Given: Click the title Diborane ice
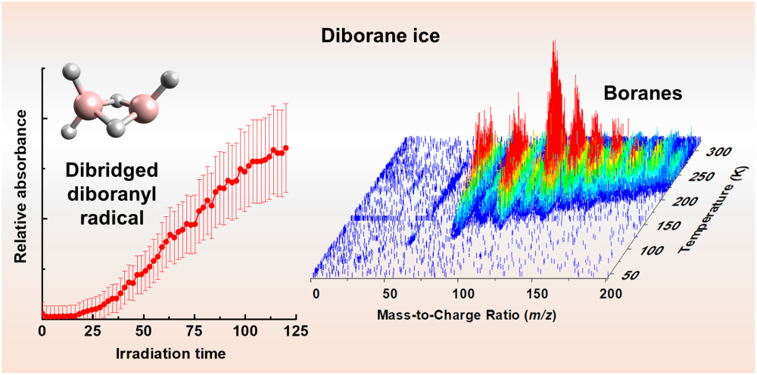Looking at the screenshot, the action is pos(381,36).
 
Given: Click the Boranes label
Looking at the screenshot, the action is pos(643,93).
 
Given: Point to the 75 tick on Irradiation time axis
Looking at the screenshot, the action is pos(195,332).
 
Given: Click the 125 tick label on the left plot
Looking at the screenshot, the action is pos(295,332).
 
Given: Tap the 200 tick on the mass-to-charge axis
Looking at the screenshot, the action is pos(606,293).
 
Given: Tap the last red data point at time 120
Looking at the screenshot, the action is pos(286,147).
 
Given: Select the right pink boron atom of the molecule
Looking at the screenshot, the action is pos(143,108).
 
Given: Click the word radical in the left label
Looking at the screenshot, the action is pos(113,218).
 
